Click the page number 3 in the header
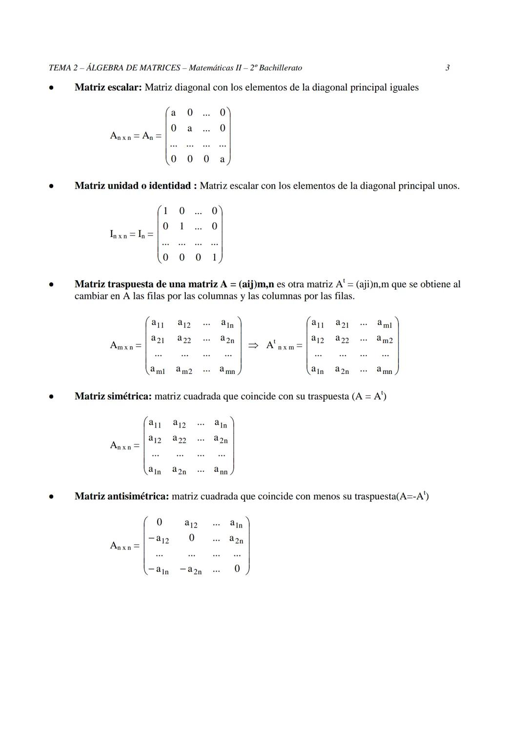point(447,68)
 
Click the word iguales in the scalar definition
point(403,88)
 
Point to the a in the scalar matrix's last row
point(223,159)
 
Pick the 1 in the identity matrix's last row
point(214,257)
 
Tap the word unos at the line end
point(447,186)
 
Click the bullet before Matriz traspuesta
point(51,284)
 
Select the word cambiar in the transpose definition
point(91,296)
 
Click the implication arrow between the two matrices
point(253,345)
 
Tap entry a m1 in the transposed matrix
point(385,324)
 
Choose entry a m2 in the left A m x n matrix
point(184,371)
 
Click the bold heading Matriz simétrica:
point(113,396)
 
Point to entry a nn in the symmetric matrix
point(221,471)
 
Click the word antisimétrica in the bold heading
point(138,496)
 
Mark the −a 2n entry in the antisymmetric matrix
point(191,570)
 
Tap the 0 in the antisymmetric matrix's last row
point(237,569)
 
